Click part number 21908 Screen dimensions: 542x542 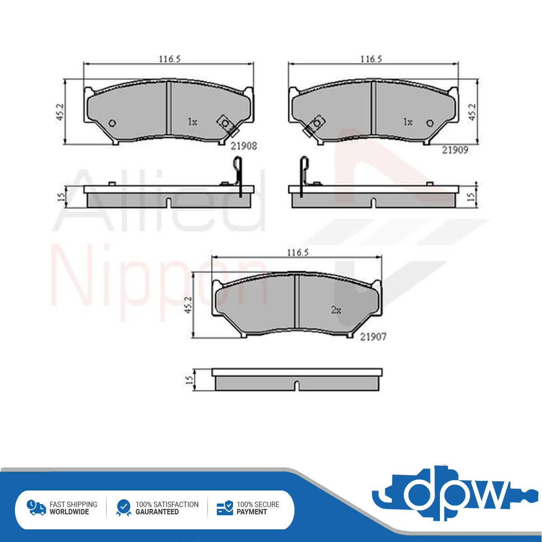[x=243, y=146]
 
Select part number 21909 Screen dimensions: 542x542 [x=455, y=150]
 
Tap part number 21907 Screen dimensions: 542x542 [x=373, y=336]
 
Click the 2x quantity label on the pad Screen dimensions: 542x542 [x=336, y=310]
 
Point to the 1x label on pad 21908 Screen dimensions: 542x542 [x=192, y=122]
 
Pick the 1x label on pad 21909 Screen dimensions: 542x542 [x=408, y=122]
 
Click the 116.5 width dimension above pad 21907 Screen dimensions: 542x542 [x=298, y=252]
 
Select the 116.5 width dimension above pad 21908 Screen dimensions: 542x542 [x=170, y=59]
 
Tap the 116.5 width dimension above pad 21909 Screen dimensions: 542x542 [x=371, y=59]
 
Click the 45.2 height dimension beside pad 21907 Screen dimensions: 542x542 [x=188, y=305]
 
